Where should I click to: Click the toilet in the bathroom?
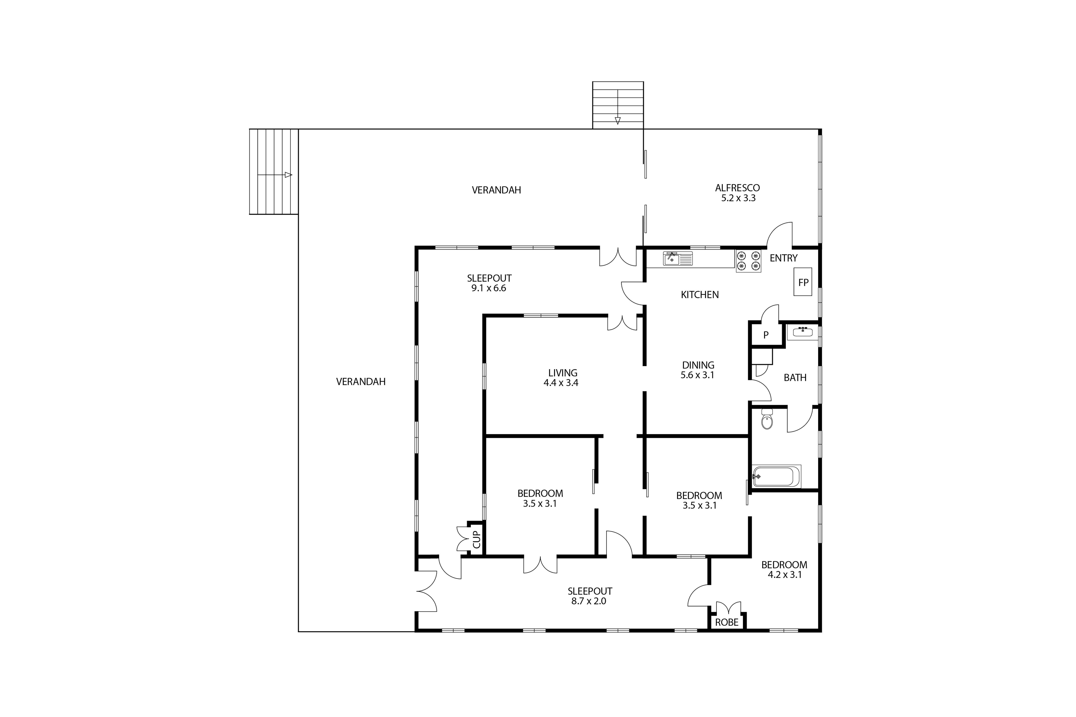click(767, 420)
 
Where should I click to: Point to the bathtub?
click(776, 476)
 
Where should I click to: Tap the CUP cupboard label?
click(476, 540)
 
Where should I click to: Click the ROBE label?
click(726, 622)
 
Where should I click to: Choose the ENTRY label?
click(783, 258)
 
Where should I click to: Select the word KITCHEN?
click(700, 295)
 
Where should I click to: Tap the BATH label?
click(795, 378)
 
